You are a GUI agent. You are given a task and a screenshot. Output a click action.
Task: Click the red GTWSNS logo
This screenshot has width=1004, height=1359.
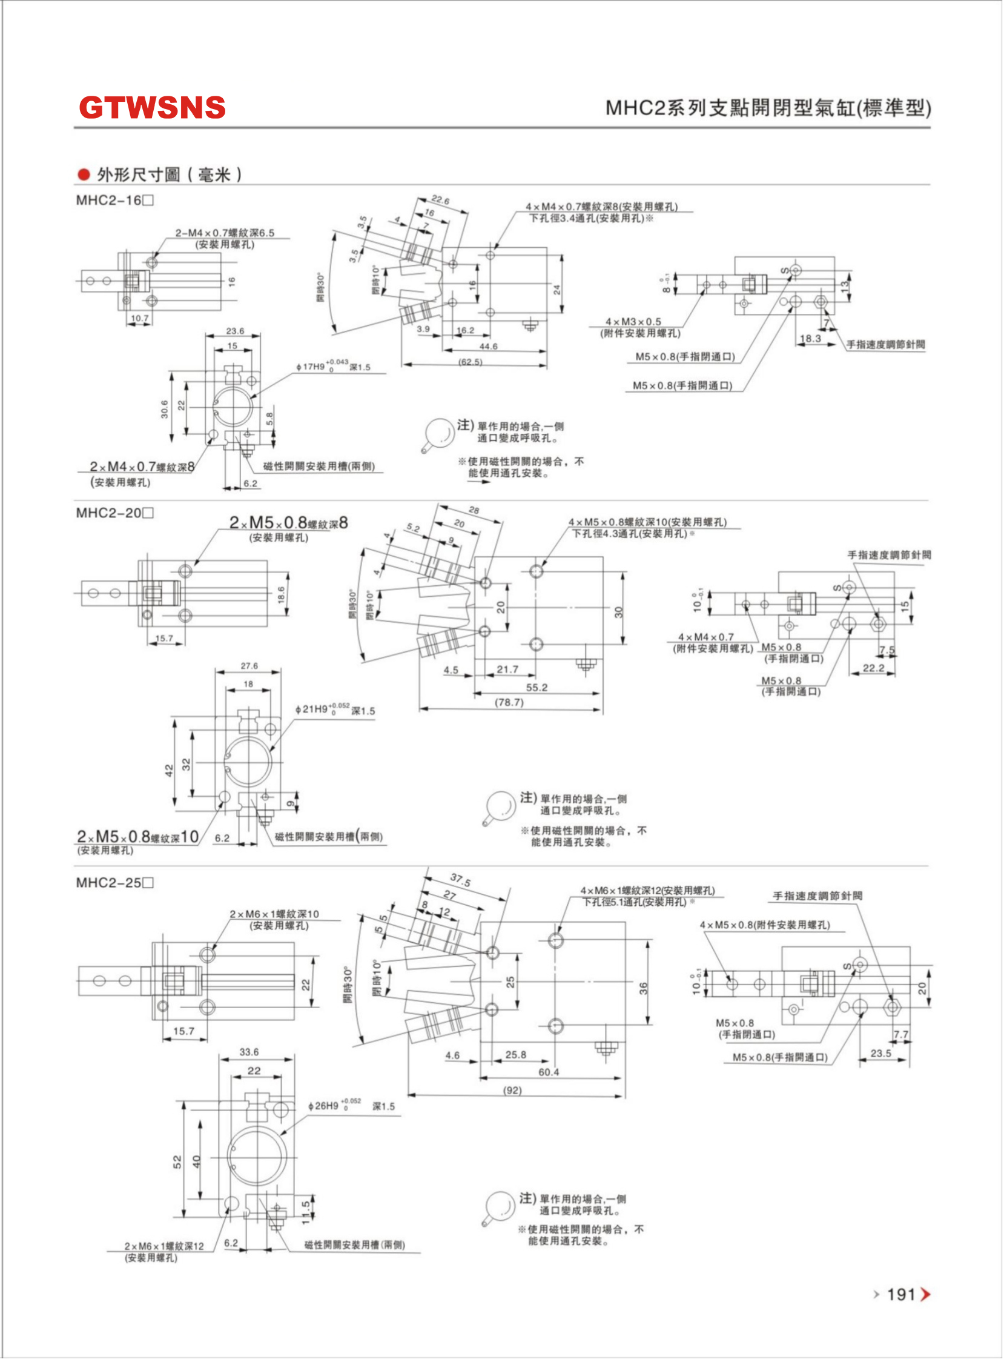pos(152,108)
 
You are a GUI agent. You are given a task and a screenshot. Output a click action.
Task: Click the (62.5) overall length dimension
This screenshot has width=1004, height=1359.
pos(470,362)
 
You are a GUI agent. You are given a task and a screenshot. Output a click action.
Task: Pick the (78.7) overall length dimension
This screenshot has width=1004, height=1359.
pos(509,702)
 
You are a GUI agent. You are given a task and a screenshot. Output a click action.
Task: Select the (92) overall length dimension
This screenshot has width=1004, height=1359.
pos(512,1090)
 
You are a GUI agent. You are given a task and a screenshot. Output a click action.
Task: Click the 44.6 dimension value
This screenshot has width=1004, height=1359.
pos(488,347)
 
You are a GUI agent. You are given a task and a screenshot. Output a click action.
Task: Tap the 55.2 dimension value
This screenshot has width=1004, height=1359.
pos(537,688)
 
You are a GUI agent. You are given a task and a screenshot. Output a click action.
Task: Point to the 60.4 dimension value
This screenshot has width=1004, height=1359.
pos(548,1072)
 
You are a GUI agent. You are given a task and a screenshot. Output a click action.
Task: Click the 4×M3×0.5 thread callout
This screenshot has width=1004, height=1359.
pos(633,322)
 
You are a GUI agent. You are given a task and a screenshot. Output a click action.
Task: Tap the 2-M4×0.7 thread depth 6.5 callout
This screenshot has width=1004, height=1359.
pos(224,233)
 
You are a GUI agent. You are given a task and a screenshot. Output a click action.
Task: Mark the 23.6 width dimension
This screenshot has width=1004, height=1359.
pos(234,331)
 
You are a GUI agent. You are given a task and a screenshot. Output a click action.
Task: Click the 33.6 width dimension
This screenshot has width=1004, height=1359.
pos(248,1052)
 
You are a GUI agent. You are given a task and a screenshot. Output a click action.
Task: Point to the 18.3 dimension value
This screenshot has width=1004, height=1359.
pos(810,339)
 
